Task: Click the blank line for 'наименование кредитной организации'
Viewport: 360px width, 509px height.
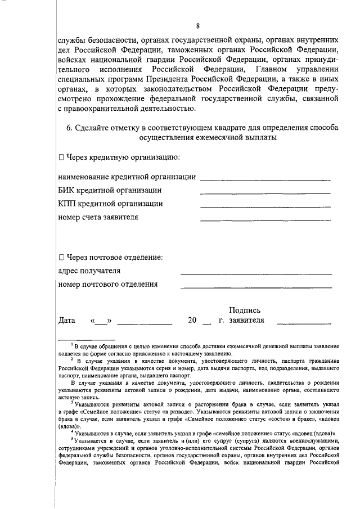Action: click(265, 179)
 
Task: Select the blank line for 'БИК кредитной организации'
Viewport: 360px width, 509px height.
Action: click(265, 193)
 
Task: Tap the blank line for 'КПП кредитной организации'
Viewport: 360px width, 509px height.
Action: click(265, 206)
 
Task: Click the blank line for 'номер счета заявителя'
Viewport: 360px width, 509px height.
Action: click(265, 220)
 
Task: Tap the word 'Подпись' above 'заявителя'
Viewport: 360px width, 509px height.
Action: click(245, 310)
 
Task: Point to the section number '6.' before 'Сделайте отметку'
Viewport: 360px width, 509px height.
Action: click(70, 127)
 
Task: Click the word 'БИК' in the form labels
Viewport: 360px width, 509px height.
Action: click(67, 190)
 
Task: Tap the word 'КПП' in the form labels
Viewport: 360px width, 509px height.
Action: click(69, 204)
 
